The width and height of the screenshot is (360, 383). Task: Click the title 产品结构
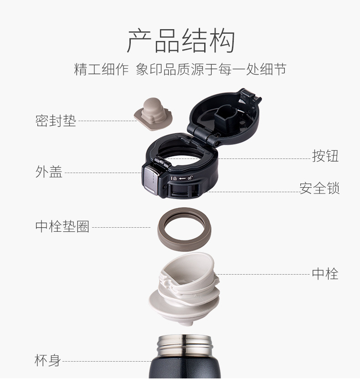tap(181, 41)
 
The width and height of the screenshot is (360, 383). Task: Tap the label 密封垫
tap(56, 121)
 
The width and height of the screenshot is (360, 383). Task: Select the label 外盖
tap(49, 172)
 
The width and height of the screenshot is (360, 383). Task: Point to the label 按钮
tap(325, 156)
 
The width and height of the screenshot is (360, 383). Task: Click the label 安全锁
tap(319, 188)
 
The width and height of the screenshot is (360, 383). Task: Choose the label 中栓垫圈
tap(62, 226)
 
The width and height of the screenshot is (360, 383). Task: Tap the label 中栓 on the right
tap(325, 274)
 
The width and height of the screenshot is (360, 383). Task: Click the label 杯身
tap(48, 360)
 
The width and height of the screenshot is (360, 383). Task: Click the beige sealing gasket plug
tap(153, 114)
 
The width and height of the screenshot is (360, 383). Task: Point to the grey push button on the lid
tap(149, 179)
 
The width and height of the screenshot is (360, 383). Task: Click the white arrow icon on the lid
tap(182, 179)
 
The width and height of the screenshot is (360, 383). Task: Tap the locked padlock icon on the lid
tap(175, 179)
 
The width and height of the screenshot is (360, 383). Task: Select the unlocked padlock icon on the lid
tap(190, 178)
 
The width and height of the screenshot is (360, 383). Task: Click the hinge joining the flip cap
tap(206, 136)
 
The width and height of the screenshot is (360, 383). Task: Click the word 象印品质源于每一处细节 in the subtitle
tap(211, 69)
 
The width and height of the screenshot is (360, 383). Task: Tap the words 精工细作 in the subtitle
tap(101, 69)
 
